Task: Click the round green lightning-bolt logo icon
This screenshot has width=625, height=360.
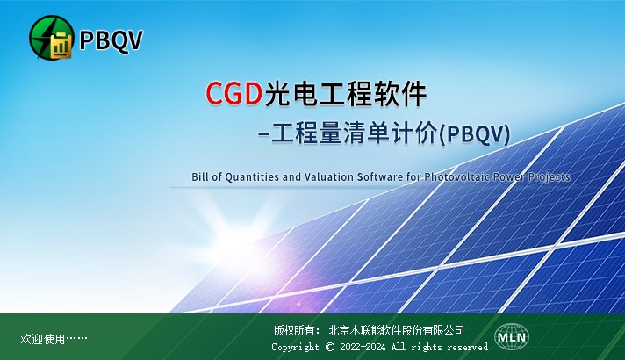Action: click(x=51, y=38)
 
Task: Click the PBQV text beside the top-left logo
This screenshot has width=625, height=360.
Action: click(x=111, y=40)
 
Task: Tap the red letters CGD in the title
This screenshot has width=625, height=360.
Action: click(x=233, y=93)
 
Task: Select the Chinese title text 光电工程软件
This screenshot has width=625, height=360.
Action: click(x=345, y=94)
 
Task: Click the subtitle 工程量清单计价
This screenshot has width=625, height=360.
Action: click(x=354, y=133)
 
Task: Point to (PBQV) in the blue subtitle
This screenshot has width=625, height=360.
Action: click(x=474, y=134)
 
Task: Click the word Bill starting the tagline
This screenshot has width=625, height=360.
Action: click(x=200, y=176)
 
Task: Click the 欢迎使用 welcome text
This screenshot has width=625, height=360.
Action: click(x=42, y=339)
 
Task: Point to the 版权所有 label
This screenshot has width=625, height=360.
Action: click(x=293, y=330)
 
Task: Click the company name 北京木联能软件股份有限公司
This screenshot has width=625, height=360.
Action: click(x=397, y=330)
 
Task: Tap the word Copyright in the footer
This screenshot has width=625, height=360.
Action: click(x=295, y=347)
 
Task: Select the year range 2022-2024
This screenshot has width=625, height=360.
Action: click(x=363, y=347)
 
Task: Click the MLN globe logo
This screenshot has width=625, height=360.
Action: click(x=512, y=337)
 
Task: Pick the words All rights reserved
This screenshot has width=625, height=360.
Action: click(x=439, y=347)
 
